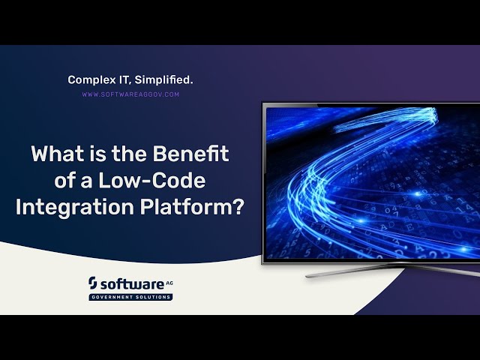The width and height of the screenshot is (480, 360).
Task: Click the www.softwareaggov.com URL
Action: pyautogui.click(x=130, y=95)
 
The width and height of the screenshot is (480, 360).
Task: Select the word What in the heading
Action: pyautogui.click(x=55, y=154)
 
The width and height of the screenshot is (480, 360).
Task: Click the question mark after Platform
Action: pyautogui.click(x=238, y=207)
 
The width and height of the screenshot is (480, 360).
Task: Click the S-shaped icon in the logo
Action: pyautogui.click(x=93, y=283)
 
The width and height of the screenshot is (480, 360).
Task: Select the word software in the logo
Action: pyautogui.click(x=129, y=283)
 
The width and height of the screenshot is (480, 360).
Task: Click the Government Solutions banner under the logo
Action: pyautogui.click(x=130, y=297)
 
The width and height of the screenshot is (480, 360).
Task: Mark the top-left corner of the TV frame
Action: pyautogui.click(x=263, y=104)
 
